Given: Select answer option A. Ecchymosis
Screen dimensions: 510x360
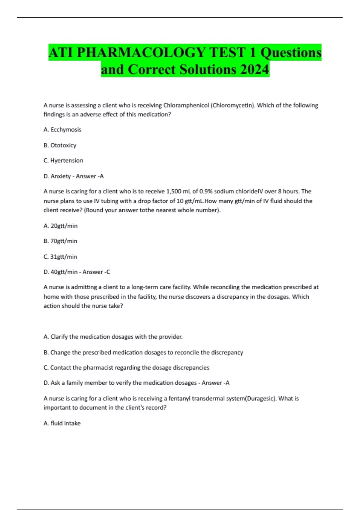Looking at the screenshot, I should pyautogui.click(x=62, y=130).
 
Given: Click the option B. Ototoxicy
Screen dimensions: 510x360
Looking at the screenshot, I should pyautogui.click(x=60, y=145).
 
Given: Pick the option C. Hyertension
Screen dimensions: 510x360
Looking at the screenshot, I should pyautogui.click(x=63, y=160).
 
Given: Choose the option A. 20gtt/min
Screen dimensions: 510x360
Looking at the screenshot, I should pyautogui.click(x=61, y=226).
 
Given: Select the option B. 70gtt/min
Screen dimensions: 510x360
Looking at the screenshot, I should pyautogui.click(x=60, y=241).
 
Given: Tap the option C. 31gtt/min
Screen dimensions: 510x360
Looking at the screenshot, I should pyautogui.click(x=60, y=256).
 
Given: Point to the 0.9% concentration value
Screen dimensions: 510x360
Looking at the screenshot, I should pyautogui.click(x=206, y=191).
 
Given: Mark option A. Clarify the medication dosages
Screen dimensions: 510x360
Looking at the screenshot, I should pyautogui.click(x=113, y=337).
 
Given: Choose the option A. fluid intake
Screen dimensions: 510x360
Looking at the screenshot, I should pyautogui.click(x=62, y=423).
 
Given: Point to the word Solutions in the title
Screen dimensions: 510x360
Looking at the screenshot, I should pyautogui.click(x=208, y=70).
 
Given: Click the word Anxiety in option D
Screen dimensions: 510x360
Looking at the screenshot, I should pyautogui.click(x=61, y=176).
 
